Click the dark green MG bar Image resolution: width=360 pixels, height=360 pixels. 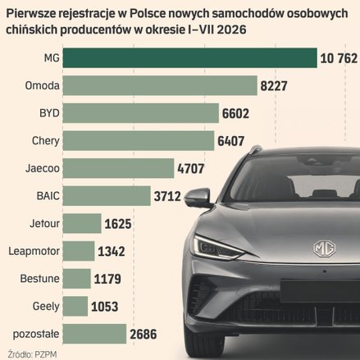(x=190, y=57)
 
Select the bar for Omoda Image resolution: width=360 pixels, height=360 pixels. (x=160, y=85)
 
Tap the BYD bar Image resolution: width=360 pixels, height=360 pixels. (x=141, y=113)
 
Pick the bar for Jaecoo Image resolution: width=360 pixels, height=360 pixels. (x=118, y=168)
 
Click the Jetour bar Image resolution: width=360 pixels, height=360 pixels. (x=82, y=223)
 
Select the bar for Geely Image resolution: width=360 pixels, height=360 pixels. (x=75, y=306)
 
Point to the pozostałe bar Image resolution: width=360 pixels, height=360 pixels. (x=94, y=334)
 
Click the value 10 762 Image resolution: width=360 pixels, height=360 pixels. (x=339, y=58)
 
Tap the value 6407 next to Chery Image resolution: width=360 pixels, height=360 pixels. (x=231, y=141)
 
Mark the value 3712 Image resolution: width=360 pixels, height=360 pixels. (x=167, y=196)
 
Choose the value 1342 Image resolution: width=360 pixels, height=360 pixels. (x=112, y=252)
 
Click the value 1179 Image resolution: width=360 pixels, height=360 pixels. (x=107, y=279)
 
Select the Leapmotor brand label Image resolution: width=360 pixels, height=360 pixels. (x=34, y=251)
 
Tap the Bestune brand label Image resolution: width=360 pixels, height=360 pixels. (x=39, y=279)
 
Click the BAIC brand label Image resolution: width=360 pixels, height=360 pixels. (x=48, y=196)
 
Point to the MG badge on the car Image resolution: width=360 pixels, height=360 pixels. (x=325, y=248)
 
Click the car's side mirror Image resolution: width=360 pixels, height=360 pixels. (x=198, y=198)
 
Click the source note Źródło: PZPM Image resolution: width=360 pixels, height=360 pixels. (x=32, y=354)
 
